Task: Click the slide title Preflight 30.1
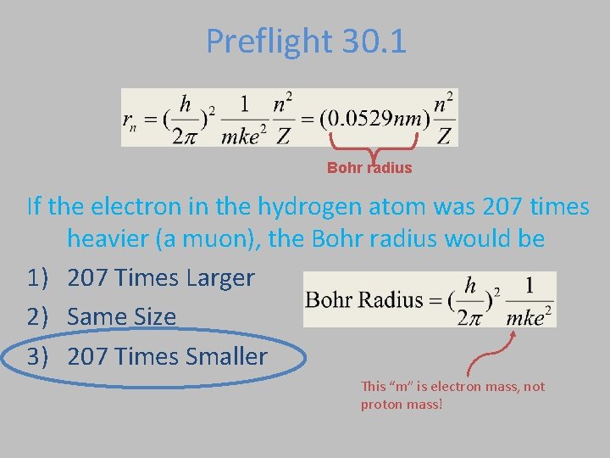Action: click(306, 41)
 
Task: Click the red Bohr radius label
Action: click(369, 168)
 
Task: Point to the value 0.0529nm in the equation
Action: click(374, 118)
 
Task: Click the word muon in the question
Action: click(231, 239)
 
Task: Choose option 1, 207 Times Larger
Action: click(160, 277)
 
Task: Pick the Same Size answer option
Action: click(121, 316)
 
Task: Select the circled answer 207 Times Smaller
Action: click(167, 356)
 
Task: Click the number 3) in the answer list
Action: click(41, 356)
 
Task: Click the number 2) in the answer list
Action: click(41, 316)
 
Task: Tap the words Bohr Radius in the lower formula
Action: click(352, 300)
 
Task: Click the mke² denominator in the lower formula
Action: click(530, 316)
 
